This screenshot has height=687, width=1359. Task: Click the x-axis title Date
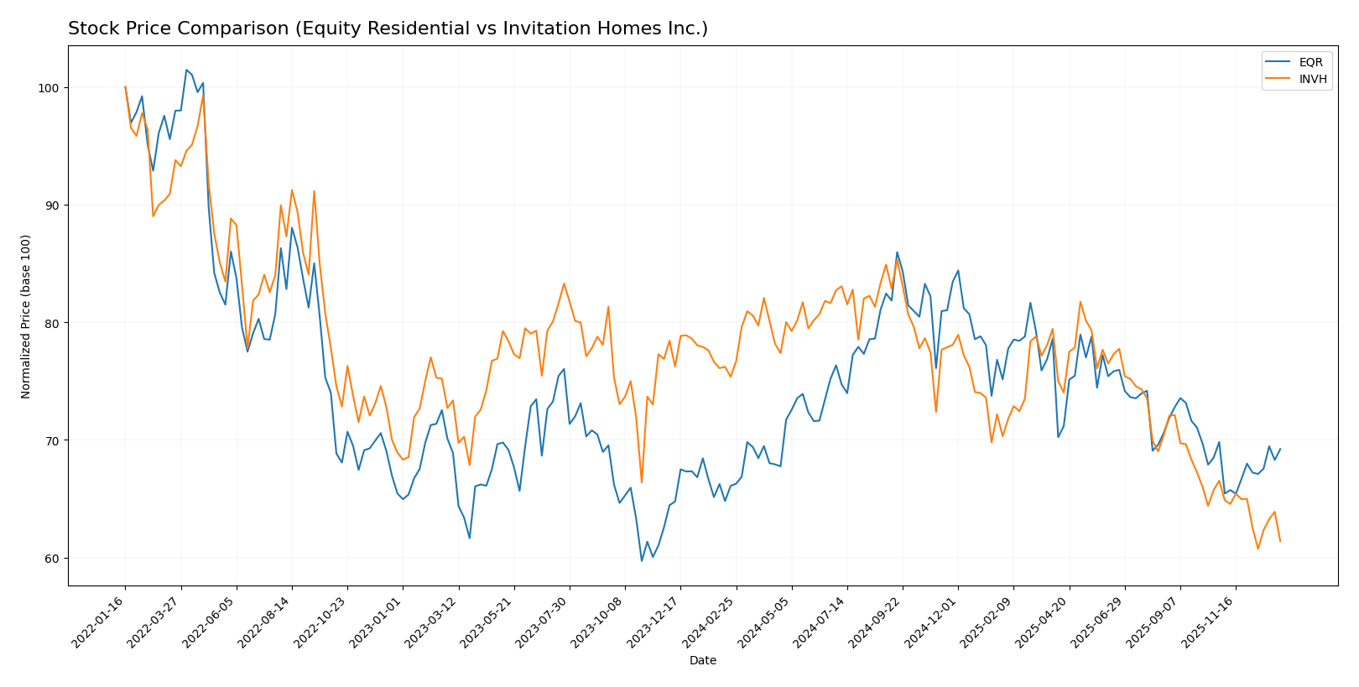pyautogui.click(x=703, y=661)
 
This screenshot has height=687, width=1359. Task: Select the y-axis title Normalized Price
pyautogui.click(x=26, y=316)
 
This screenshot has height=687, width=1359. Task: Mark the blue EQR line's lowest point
pyautogui.click(x=642, y=560)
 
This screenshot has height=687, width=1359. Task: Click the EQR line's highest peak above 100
pyautogui.click(x=186, y=70)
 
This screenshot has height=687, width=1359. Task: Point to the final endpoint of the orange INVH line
pyautogui.click(x=1280, y=541)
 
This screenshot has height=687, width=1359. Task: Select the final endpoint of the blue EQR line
pyautogui.click(x=1280, y=449)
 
